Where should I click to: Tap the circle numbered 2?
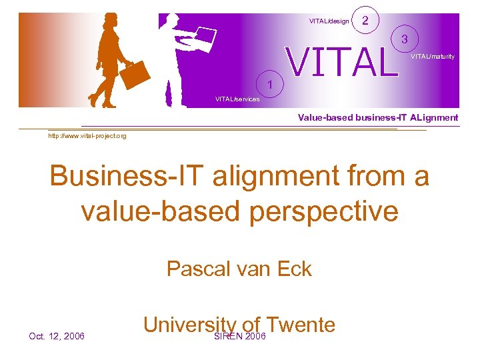pyautogui.click(x=365, y=21)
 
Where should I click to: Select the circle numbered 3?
pyautogui.click(x=404, y=39)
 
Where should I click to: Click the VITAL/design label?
pyautogui.click(x=329, y=21)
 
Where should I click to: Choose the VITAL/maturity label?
pyautogui.click(x=433, y=57)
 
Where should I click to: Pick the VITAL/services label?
pyautogui.click(x=237, y=99)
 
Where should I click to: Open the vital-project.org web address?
pyautogui.click(x=87, y=136)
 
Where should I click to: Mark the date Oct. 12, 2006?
pyautogui.click(x=57, y=336)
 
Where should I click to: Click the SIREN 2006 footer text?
pyautogui.click(x=239, y=336)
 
